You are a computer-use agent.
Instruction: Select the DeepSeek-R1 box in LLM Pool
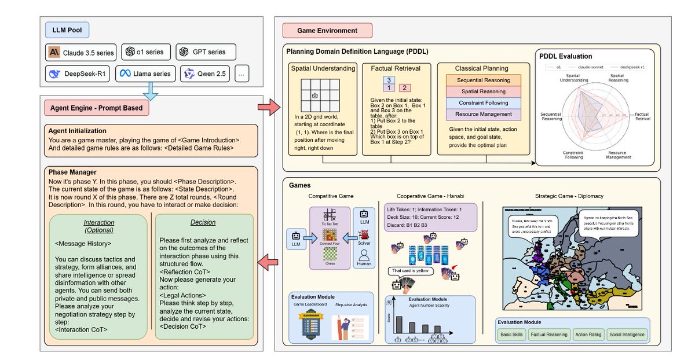coord(78,74)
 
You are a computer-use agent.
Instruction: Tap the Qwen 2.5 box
coord(206,74)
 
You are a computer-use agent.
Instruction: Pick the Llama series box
coord(145,74)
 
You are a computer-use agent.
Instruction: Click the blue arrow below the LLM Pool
coord(151,89)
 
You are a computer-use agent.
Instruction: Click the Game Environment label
coord(327,30)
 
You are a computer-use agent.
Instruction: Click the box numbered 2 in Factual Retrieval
coord(405,89)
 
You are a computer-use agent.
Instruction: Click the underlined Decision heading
coord(203,222)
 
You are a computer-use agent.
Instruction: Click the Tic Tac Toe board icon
coord(330,215)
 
